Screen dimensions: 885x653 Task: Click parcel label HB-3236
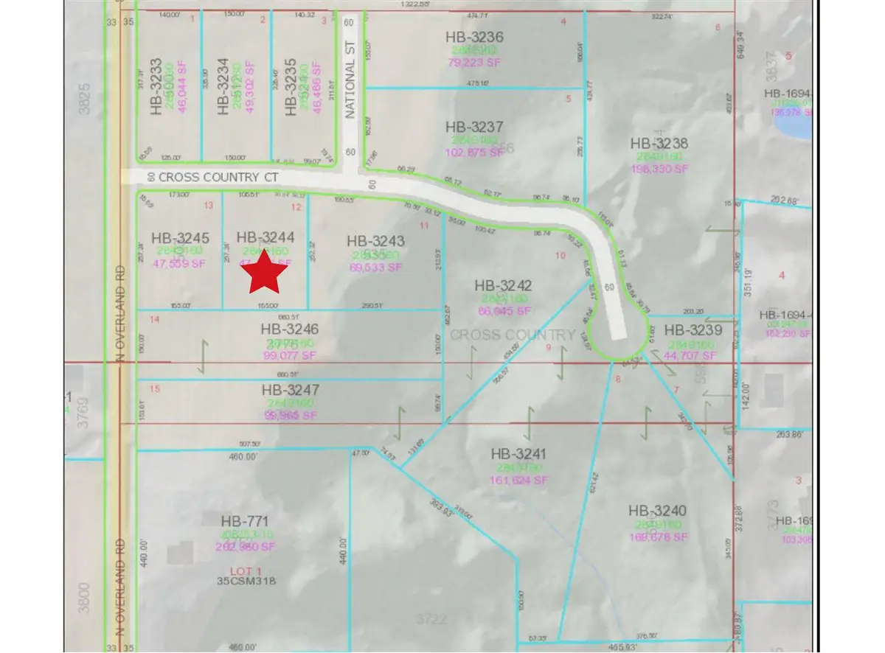tap(474, 37)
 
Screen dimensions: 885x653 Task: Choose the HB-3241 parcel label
tap(520, 455)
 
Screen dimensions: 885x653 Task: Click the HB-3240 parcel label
tap(658, 510)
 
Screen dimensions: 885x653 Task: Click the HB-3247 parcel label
tap(290, 390)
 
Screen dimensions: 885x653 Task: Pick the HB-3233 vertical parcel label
tap(156, 87)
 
